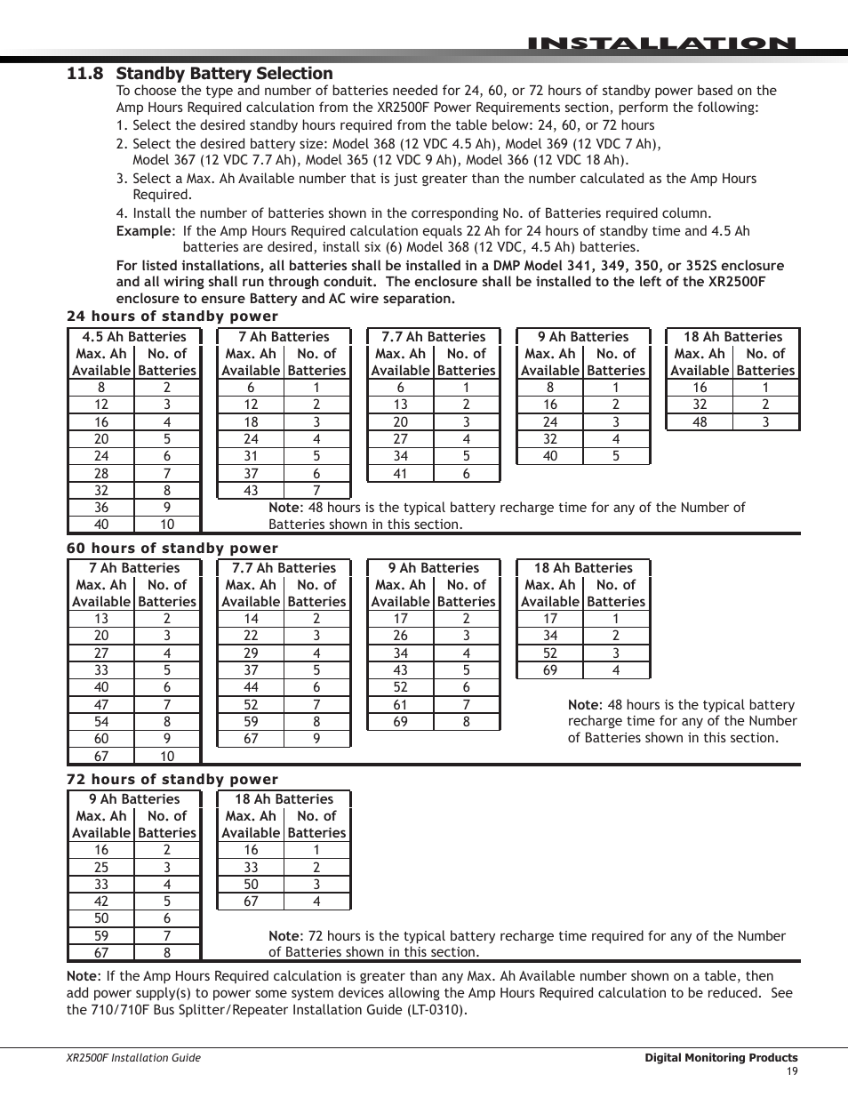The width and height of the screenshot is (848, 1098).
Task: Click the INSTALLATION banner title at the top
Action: click(660, 44)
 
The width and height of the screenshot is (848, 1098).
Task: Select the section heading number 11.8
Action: click(84, 74)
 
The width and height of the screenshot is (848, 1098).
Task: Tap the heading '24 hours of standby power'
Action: click(172, 317)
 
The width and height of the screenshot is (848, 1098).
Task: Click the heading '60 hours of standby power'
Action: click(172, 548)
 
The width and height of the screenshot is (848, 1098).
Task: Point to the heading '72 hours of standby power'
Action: click(172, 779)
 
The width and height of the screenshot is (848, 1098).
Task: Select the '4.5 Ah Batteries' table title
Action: click(134, 337)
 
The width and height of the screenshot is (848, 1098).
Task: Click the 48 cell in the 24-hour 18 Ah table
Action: click(700, 422)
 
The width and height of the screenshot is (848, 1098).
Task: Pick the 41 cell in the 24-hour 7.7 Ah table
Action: click(400, 474)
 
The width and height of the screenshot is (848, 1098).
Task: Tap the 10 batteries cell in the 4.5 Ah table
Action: click(167, 525)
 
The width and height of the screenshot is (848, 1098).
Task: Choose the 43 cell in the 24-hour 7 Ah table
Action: click(251, 491)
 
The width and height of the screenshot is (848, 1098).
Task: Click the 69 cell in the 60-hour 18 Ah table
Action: click(550, 670)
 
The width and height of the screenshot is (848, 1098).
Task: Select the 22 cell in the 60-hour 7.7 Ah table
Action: click(251, 636)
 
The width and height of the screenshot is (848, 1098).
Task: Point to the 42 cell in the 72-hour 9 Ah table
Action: click(101, 902)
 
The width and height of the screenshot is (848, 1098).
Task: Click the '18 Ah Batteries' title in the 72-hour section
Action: click(284, 799)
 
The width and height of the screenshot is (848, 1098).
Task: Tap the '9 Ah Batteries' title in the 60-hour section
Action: click(434, 568)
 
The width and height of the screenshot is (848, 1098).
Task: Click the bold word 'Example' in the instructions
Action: click(143, 231)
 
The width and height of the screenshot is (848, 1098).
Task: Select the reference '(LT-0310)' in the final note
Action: click(435, 1010)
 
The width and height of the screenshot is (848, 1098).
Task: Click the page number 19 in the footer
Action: click(792, 1071)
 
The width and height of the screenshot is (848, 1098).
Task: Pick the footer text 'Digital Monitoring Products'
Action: click(721, 1058)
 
